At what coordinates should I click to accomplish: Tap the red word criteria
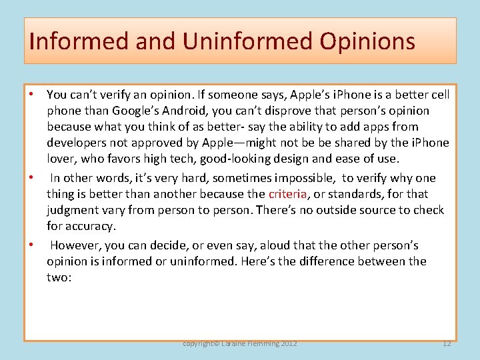(288, 194)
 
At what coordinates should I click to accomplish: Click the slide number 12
(446, 343)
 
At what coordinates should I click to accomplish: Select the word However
(74, 245)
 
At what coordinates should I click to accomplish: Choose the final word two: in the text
(58, 277)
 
